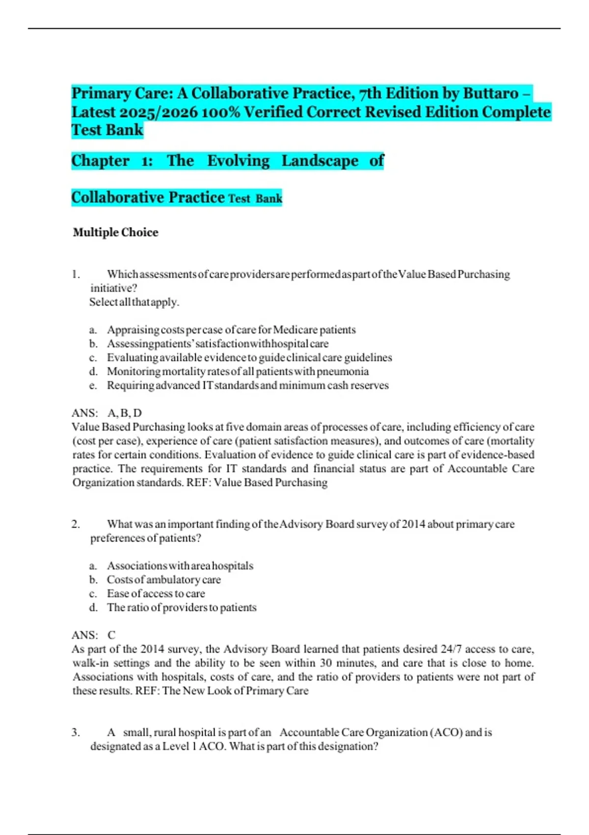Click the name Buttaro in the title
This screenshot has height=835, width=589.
491,93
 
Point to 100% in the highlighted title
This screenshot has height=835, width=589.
220,112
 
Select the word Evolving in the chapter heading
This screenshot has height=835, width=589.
238,161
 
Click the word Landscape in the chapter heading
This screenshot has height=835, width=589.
320,161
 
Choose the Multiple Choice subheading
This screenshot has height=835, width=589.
115,232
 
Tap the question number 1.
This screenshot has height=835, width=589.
76,274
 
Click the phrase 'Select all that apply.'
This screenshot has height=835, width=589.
134,302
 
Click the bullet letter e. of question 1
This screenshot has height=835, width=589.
93,386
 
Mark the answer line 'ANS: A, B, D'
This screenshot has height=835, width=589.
107,413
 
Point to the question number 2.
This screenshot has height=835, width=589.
76,524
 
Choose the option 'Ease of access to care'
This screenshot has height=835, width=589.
156,593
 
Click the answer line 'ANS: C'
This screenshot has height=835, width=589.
93,635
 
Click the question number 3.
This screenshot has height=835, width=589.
76,732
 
